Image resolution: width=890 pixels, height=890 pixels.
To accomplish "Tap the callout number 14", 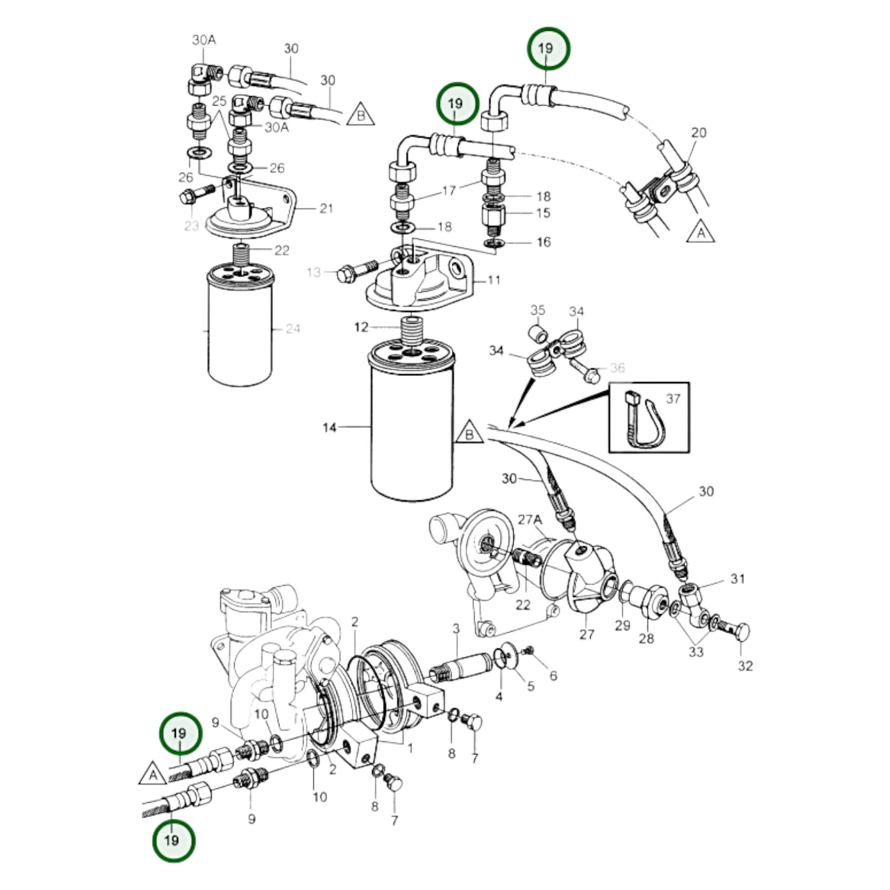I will click(330, 427).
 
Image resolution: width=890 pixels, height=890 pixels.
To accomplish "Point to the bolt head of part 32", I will click(742, 633).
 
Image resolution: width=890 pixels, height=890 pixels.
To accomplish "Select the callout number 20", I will click(698, 132).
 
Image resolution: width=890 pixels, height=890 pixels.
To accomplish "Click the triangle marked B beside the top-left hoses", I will click(361, 115).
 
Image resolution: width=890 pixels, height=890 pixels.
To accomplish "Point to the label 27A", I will click(529, 519).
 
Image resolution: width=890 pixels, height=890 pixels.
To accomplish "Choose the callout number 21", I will click(326, 208).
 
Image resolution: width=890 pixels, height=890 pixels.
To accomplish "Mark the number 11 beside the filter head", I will click(494, 280).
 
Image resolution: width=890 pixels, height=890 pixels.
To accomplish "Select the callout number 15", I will click(543, 212).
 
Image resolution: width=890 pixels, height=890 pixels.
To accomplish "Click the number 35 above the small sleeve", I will click(538, 309).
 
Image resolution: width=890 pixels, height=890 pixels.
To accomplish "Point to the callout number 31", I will click(737, 578).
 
